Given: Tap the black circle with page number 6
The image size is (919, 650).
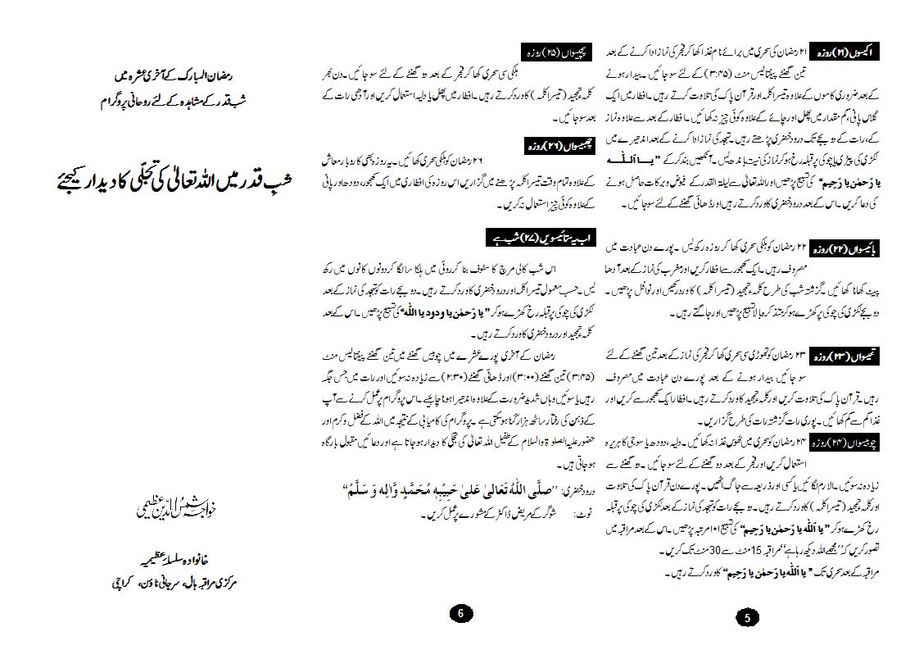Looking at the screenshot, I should pyautogui.click(x=461, y=613).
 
